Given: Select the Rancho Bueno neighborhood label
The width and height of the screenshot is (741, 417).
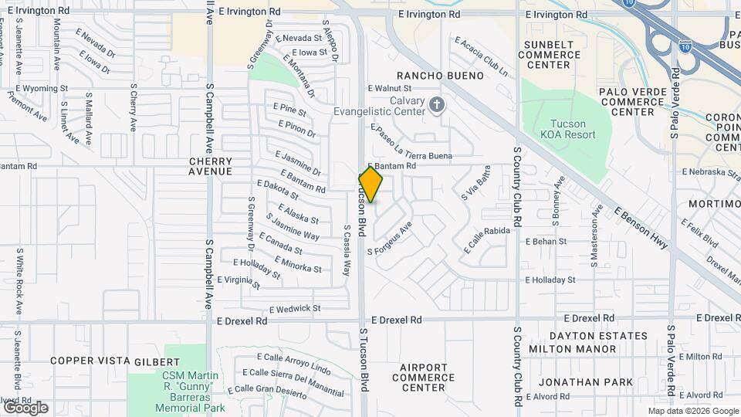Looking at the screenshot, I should click(439, 76).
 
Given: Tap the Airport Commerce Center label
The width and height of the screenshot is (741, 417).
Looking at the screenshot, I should click(423, 377).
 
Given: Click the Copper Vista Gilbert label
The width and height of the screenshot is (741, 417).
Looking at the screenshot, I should click(114, 361).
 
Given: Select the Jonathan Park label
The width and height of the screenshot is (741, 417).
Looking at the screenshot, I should click(586, 382).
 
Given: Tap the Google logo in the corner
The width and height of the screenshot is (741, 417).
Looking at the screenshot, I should click(25, 407).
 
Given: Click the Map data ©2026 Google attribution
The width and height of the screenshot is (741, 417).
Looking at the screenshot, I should click(692, 411).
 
